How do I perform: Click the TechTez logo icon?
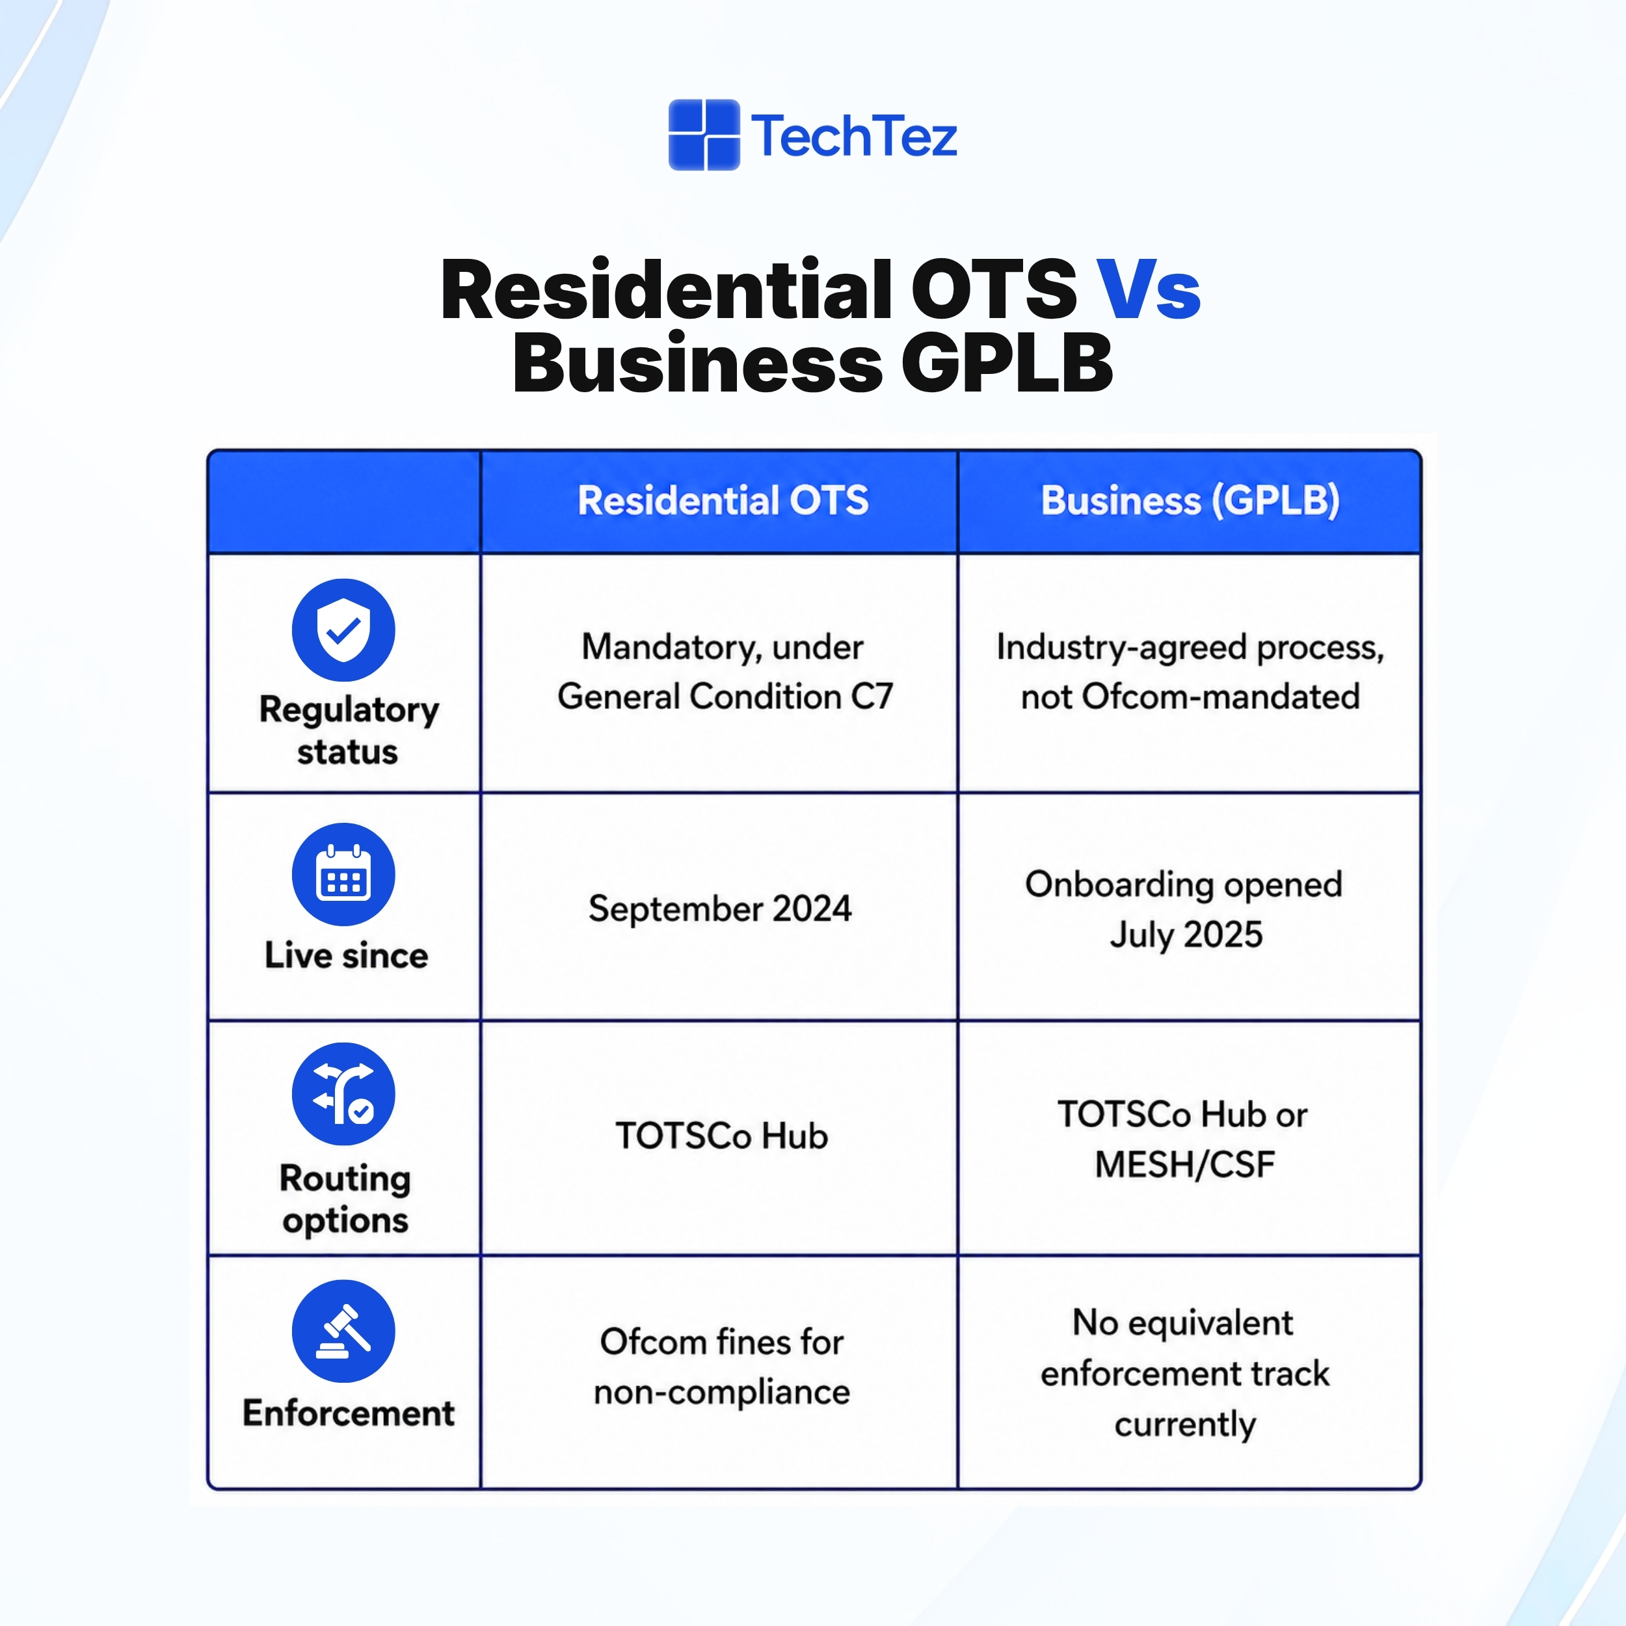point(704,135)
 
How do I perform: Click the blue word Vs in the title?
point(1148,289)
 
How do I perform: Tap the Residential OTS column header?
point(723,501)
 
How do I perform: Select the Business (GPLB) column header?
point(1190,501)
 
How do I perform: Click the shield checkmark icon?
point(343,630)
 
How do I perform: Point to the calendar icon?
point(343,873)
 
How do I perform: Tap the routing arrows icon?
point(343,1093)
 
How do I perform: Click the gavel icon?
point(343,1331)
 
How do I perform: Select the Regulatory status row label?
point(349,730)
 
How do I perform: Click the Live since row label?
point(347,955)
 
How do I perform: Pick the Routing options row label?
point(345,1199)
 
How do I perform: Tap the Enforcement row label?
point(349,1412)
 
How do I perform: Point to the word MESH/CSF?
point(1184,1165)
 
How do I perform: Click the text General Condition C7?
point(725,697)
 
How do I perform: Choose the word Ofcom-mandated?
point(1220,697)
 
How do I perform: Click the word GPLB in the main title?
point(1007,364)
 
